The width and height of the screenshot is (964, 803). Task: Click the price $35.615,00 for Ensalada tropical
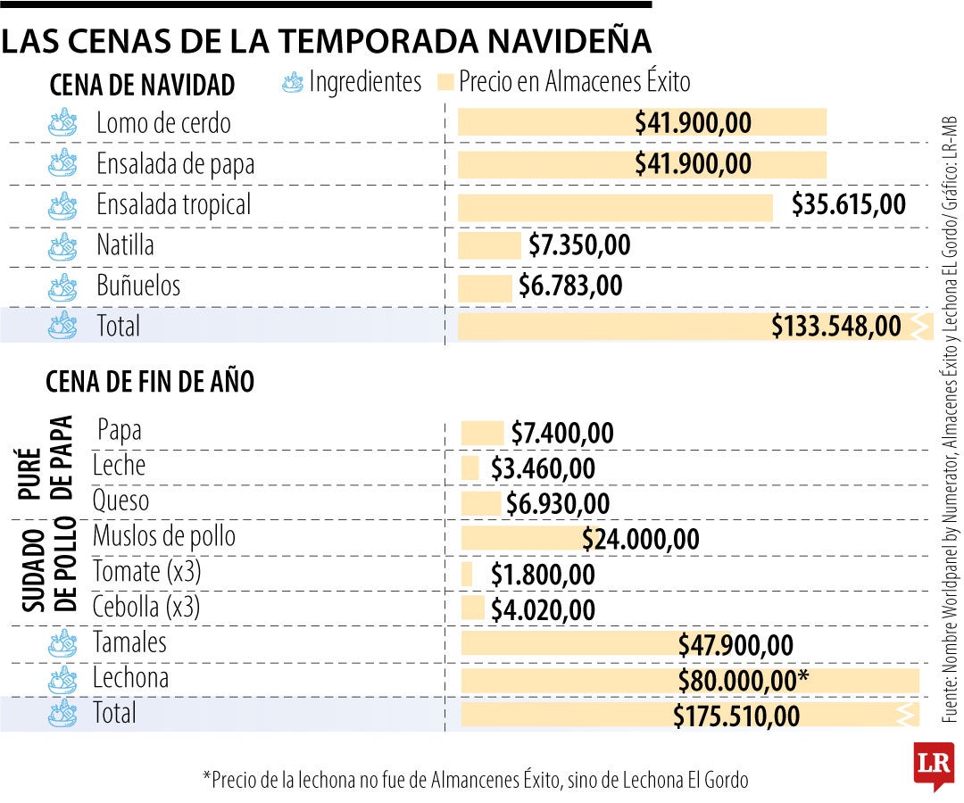(x=848, y=204)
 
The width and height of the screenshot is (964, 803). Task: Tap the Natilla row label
(x=125, y=244)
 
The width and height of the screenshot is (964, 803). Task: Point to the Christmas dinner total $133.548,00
(x=836, y=327)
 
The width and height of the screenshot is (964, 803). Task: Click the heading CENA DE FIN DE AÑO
(x=150, y=382)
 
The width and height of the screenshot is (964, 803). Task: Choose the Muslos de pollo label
(x=164, y=536)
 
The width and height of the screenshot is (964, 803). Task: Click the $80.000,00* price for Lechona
(x=743, y=681)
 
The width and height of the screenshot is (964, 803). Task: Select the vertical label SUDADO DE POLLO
(x=48, y=570)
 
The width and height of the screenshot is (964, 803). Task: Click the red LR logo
(x=932, y=764)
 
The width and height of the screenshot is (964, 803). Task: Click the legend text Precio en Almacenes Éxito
(x=574, y=83)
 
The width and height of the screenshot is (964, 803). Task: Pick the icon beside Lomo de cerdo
(x=62, y=122)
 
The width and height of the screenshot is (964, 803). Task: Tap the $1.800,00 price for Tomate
(x=543, y=575)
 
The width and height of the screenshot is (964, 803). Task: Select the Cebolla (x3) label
(x=146, y=608)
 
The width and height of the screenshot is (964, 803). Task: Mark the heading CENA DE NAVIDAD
(x=143, y=86)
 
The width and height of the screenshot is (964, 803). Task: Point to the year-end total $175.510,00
(x=736, y=716)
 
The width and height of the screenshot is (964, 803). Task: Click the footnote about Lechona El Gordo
(x=475, y=780)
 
